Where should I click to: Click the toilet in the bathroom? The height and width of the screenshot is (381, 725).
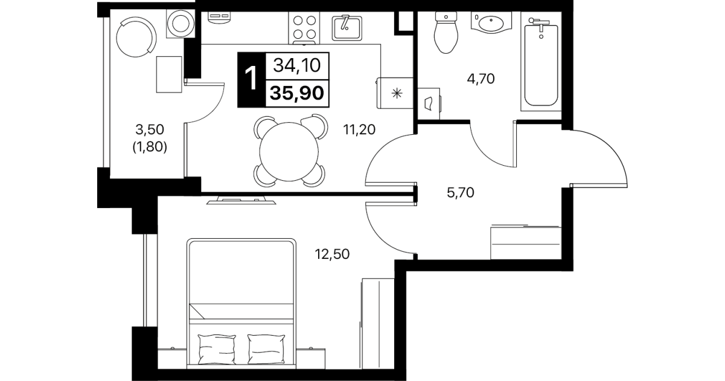(446, 33)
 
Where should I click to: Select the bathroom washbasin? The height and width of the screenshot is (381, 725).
(491, 22)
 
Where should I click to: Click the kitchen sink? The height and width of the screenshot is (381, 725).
(347, 28)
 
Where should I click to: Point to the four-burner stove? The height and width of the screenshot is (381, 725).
(304, 28)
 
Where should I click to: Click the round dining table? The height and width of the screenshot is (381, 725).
(289, 151)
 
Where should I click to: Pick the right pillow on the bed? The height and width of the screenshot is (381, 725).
(266, 349)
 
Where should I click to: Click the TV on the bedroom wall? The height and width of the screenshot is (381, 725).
(241, 200)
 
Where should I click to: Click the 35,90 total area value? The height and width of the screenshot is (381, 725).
(297, 93)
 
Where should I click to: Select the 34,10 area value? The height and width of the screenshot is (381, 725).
(297, 65)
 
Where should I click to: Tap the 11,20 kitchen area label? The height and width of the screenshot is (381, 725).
(359, 130)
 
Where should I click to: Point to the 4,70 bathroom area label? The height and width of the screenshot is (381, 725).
(481, 79)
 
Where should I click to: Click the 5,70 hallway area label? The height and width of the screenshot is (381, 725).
(460, 192)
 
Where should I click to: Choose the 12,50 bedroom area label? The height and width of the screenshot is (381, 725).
(333, 254)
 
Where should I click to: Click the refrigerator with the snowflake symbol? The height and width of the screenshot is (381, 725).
(395, 93)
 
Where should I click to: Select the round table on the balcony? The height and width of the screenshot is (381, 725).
(136, 37)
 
